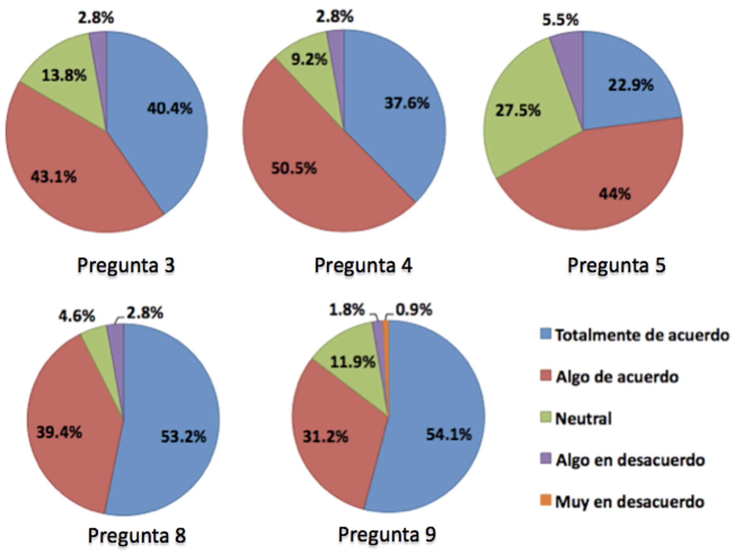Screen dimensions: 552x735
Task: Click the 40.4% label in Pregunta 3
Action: [169, 109]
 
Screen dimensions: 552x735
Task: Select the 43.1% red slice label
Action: [54, 177]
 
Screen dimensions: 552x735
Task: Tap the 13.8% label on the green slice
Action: [64, 76]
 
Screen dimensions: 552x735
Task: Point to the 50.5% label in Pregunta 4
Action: [294, 168]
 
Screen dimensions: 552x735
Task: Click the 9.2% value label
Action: [309, 60]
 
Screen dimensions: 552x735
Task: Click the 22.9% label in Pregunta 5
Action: [631, 85]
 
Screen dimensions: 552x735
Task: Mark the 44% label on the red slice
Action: [615, 194]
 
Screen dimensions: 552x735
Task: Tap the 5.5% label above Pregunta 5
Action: [560, 20]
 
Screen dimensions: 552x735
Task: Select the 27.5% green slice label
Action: [518, 110]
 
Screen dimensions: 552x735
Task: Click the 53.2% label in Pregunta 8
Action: [183, 437]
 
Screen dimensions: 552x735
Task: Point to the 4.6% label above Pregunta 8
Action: [77, 315]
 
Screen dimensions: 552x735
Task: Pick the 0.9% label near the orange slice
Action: [414, 310]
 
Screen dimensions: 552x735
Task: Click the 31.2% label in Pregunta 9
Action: [325, 437]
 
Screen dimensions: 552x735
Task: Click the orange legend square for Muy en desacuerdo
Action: [545, 500]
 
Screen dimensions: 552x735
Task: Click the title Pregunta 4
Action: [363, 265]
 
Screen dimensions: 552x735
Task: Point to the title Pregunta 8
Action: [136, 535]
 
